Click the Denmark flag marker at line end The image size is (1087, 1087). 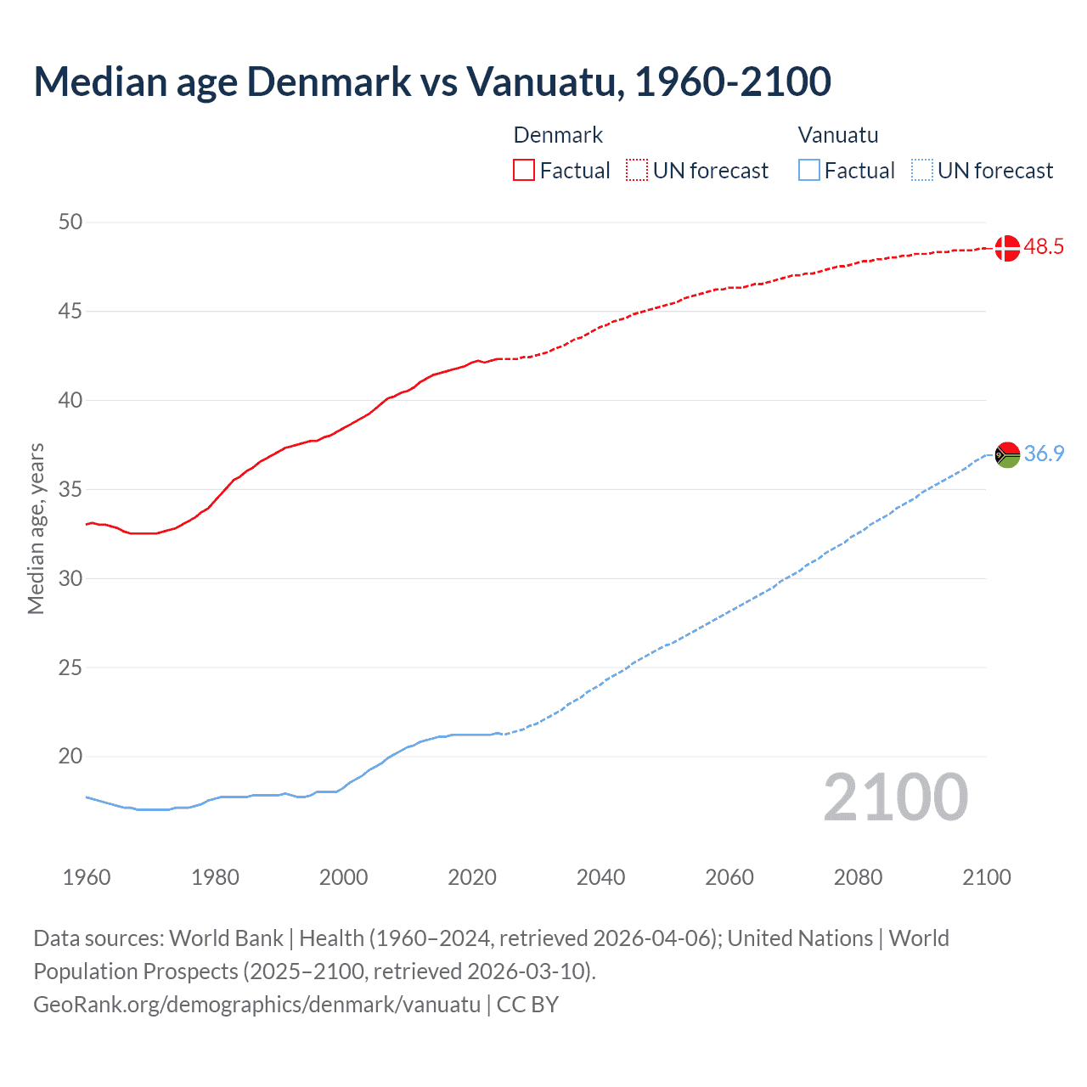(x=1006, y=248)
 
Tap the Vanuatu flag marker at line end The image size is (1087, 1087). (x=1006, y=455)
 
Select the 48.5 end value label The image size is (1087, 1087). (x=1044, y=247)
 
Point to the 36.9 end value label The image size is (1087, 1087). (x=1044, y=454)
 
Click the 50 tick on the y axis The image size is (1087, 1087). (x=70, y=222)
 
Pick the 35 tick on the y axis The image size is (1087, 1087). (x=70, y=490)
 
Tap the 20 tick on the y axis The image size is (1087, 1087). (x=70, y=757)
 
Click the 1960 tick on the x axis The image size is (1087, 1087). (x=87, y=877)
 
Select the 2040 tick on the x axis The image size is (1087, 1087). (x=600, y=877)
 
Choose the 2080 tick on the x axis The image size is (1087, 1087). (x=858, y=877)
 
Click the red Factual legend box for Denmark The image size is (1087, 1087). (x=524, y=171)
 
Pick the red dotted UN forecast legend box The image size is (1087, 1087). (x=637, y=171)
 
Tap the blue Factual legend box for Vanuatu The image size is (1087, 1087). (x=808, y=171)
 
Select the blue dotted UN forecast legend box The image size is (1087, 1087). (x=921, y=171)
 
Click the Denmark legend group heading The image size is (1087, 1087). (x=558, y=135)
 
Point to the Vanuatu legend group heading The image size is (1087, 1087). (x=838, y=135)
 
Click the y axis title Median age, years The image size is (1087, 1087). (x=36, y=528)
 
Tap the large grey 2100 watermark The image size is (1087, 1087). (x=895, y=797)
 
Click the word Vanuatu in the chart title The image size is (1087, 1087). (x=544, y=82)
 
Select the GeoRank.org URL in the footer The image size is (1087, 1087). (x=256, y=1005)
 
